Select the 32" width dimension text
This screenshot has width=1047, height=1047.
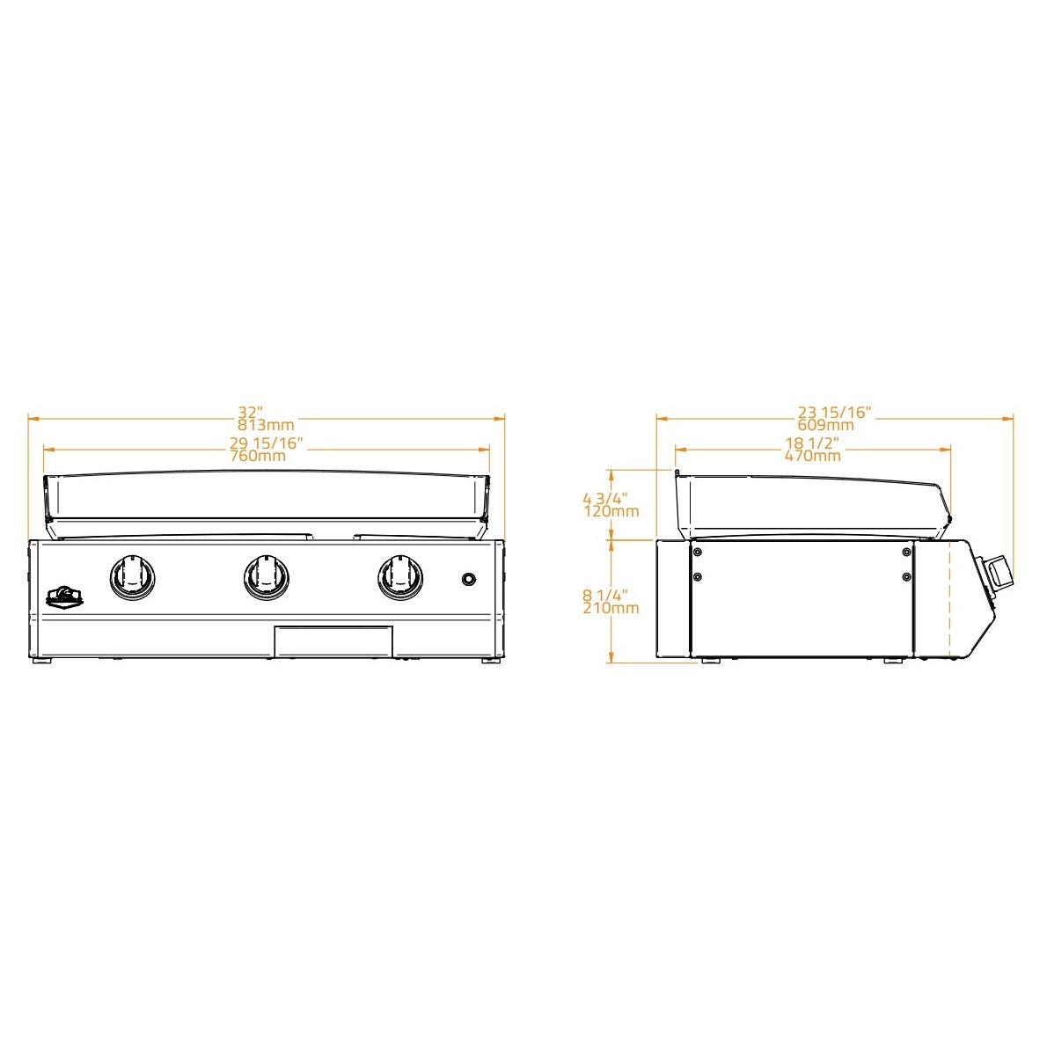coord(251,412)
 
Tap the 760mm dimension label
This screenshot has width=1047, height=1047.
coord(258,456)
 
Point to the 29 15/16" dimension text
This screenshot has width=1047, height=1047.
coord(267,443)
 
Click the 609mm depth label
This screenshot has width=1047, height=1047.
coord(825,425)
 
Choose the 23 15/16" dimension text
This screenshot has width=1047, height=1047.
coord(834,412)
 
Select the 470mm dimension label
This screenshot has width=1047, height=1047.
coord(812,456)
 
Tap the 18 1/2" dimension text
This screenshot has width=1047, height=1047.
coord(812,443)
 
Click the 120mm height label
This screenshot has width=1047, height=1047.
coord(611,511)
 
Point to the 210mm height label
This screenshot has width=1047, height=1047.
coord(611,608)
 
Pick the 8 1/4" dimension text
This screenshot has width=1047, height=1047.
coord(605,595)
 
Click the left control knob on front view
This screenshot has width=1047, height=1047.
coord(133,576)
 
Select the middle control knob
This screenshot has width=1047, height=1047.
coord(267,576)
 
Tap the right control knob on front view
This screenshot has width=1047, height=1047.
coord(400,576)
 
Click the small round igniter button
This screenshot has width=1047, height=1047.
coord(470,578)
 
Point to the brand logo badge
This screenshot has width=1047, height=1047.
coord(64,597)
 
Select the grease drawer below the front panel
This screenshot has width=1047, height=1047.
coord(333,641)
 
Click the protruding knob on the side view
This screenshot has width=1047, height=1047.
coord(999,574)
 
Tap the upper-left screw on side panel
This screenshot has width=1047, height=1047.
coord(698,553)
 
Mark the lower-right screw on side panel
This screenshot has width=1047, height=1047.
coord(906,577)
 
